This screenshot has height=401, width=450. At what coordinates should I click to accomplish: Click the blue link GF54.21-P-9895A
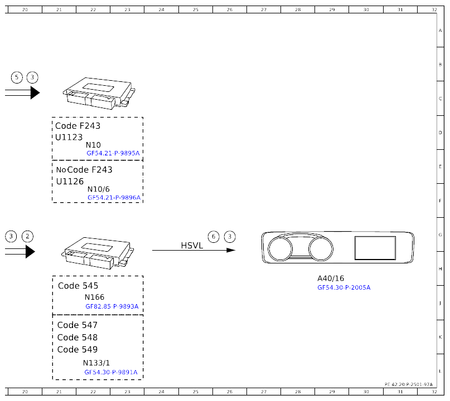(113, 153)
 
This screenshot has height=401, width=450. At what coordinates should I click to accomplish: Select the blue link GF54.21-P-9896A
(114, 198)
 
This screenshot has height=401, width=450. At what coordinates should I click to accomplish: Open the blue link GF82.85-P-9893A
(112, 306)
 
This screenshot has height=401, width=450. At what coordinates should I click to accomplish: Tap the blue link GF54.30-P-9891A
(111, 373)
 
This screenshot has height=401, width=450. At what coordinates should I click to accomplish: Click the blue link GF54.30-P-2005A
(344, 287)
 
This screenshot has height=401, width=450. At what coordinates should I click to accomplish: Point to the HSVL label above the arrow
(192, 246)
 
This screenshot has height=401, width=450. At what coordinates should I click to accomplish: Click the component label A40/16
(331, 278)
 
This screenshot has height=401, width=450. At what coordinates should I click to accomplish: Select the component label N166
(94, 297)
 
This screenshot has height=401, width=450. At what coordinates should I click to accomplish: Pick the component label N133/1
(96, 363)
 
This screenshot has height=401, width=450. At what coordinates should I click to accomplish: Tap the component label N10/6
(99, 189)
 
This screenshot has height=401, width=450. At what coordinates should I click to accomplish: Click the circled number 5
(17, 77)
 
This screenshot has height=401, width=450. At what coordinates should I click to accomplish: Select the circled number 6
(214, 237)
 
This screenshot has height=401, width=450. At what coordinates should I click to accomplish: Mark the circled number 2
(27, 237)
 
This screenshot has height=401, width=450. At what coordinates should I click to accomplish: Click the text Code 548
(78, 338)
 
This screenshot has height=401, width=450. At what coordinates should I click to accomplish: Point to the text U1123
(69, 138)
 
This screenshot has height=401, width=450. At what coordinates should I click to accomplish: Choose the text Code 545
(78, 286)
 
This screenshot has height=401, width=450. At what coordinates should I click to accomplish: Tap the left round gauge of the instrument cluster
(280, 237)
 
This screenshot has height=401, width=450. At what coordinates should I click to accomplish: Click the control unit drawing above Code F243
(99, 93)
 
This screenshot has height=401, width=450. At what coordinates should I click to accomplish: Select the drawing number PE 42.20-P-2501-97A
(409, 384)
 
